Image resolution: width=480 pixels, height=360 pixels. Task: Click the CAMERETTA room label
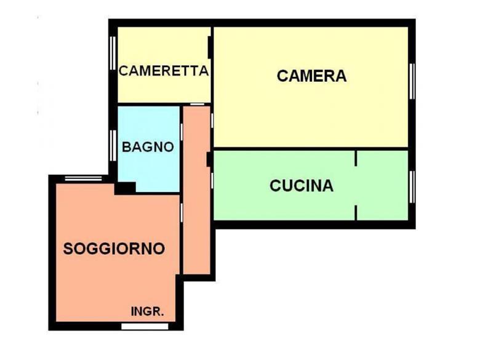point(164,71)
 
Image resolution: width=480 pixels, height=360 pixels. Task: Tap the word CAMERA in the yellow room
point(311,76)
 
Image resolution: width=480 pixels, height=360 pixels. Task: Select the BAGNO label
point(148,148)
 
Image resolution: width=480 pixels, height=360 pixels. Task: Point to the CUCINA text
point(302,185)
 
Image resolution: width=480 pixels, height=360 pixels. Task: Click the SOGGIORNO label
point(114,249)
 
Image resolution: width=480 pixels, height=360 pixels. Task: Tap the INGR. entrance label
point(148,311)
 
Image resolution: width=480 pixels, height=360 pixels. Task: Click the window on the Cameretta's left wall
point(113,54)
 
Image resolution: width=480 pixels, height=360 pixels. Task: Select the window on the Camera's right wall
point(412,81)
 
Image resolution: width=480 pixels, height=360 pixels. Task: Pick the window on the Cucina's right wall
point(412,186)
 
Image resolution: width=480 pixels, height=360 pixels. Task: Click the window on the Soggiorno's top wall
point(84,179)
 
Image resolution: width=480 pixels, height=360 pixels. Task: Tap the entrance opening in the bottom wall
point(136,326)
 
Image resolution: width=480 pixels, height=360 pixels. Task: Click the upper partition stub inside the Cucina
point(356,158)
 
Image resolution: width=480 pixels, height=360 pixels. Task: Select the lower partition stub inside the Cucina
point(356,212)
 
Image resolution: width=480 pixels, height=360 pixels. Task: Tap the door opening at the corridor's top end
point(197,105)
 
